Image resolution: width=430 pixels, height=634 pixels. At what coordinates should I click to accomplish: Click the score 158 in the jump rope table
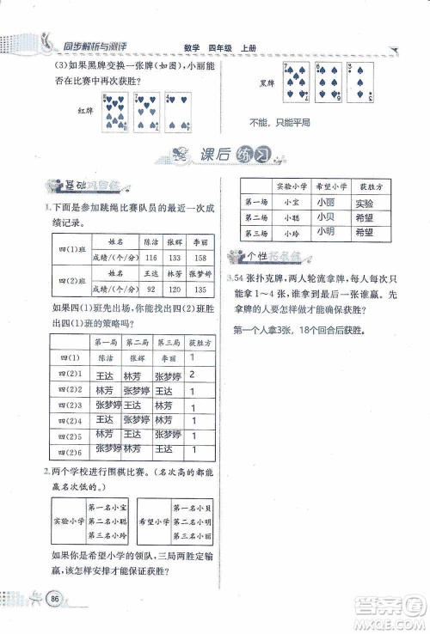[x=200, y=258]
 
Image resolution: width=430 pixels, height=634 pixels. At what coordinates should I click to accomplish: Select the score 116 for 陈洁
[x=153, y=258]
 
